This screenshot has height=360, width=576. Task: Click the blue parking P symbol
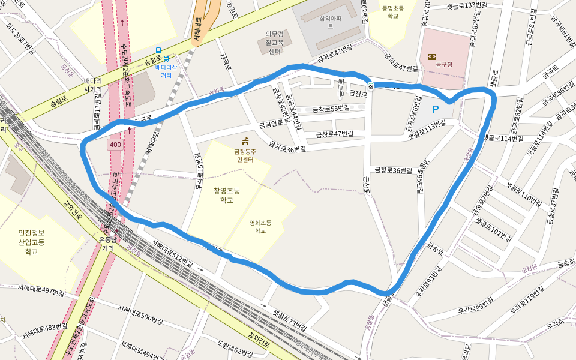tap(436, 109)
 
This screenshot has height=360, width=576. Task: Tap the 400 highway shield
tap(115, 145)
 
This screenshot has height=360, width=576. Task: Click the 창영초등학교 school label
tap(226, 195)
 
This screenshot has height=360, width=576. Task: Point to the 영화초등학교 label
tap(260, 226)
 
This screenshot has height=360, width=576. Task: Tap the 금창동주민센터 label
tap(245, 156)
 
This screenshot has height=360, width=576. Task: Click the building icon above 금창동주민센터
tap(245, 142)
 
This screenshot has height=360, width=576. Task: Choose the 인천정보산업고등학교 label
tap(31, 242)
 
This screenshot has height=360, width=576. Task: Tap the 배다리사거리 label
tap(93, 85)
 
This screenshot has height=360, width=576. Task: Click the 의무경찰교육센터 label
tap(275, 43)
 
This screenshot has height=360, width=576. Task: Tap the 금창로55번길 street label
tap(331, 109)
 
